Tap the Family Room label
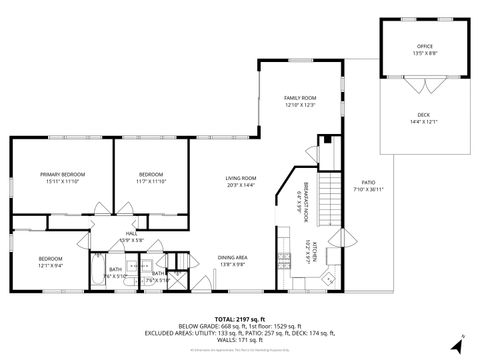[x=299, y=98]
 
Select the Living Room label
[x=241, y=178]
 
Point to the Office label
[x=424, y=47]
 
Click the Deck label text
[x=424, y=115]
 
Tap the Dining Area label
[x=233, y=258]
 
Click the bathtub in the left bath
[x=97, y=274]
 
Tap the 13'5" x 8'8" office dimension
[x=424, y=54]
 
